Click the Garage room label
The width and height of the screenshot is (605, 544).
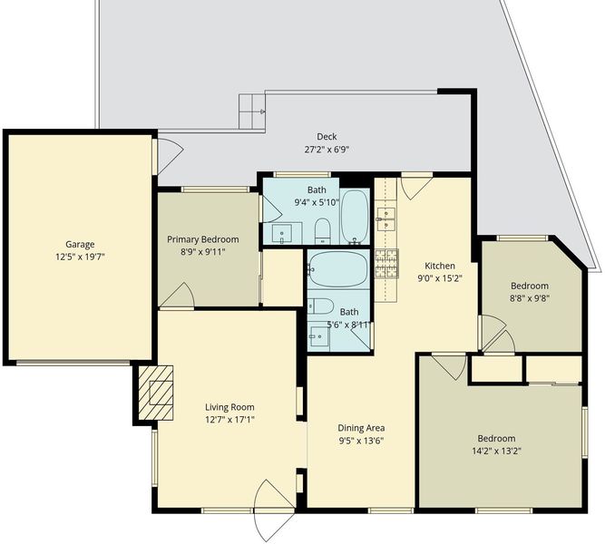80,244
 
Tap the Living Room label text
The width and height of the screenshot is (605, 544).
229,407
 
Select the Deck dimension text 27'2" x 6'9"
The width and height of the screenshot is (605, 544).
327,150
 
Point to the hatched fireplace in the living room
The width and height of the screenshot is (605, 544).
155,393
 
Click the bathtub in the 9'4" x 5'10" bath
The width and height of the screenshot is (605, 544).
356,217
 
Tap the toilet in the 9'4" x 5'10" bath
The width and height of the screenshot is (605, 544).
323,231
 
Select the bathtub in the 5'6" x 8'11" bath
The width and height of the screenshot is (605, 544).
337,269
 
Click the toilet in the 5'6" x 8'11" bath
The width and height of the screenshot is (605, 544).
320,306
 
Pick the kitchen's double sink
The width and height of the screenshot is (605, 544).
386,219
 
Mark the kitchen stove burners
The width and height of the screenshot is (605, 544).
386,264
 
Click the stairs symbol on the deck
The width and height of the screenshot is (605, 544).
252,112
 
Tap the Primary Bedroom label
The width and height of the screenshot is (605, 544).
203,239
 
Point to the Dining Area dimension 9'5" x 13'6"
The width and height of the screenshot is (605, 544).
361,441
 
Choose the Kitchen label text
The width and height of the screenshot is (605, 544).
440,266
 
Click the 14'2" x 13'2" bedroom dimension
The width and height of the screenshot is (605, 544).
496,451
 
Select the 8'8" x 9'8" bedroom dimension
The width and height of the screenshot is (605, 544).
530,298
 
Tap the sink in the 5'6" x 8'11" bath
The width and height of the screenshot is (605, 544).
319,336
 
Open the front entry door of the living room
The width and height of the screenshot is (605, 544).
274,510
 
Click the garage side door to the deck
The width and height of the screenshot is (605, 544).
168,156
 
